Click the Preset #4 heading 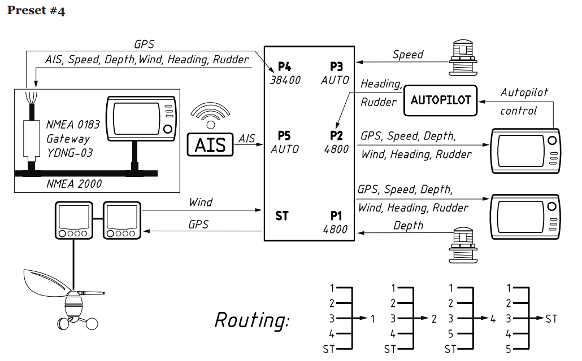coord(36,11)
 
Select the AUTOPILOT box coord(441,100)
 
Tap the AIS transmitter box coord(210,144)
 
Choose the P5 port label coord(284,136)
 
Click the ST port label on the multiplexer coord(281,215)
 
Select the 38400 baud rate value coord(285,80)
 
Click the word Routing coord(251,320)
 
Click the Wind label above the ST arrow coord(201,202)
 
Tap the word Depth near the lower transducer coord(408,225)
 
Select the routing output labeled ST coord(551,319)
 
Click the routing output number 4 coord(493,319)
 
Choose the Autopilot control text coord(524,101)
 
